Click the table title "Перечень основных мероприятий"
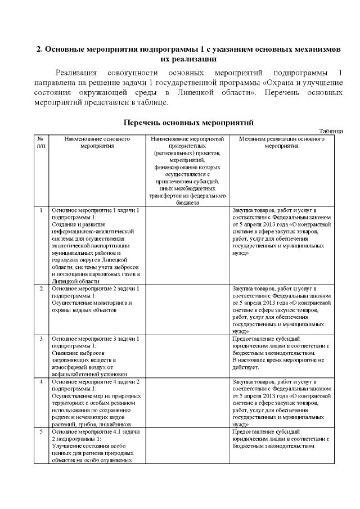(188, 122)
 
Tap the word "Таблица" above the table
(331, 131)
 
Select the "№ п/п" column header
(41, 141)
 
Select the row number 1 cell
(41, 210)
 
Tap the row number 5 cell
(41, 431)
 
